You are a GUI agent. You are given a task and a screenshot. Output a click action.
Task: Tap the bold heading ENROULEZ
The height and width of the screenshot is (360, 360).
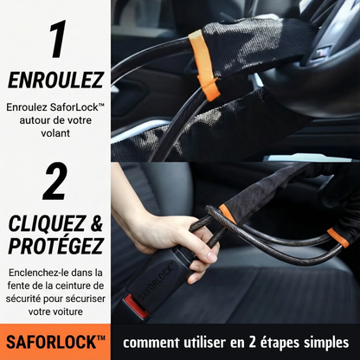pos(55,81)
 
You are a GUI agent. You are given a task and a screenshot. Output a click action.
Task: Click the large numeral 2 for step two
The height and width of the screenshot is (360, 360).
pos(55,183)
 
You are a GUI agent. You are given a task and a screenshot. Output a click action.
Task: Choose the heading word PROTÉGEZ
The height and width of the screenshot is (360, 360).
pos(55,246)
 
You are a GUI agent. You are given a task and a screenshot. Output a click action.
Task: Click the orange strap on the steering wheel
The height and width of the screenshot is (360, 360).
pos(205,64)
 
